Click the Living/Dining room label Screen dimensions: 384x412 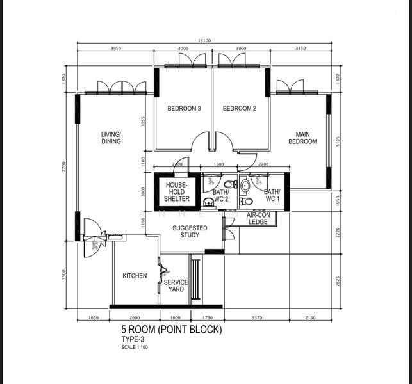(111, 138)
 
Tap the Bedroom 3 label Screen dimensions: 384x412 (185, 109)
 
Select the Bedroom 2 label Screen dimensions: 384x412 (240, 109)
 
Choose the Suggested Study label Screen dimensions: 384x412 (190, 231)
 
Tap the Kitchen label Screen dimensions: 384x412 (135, 276)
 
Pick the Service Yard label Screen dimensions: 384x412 (175, 285)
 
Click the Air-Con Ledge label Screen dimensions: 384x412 (258, 218)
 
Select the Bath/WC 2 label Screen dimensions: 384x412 (220, 195)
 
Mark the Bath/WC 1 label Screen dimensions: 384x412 (272, 195)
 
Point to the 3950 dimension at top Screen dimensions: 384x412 (116, 49)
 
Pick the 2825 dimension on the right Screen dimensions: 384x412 (338, 282)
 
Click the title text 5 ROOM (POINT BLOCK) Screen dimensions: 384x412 (171, 330)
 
